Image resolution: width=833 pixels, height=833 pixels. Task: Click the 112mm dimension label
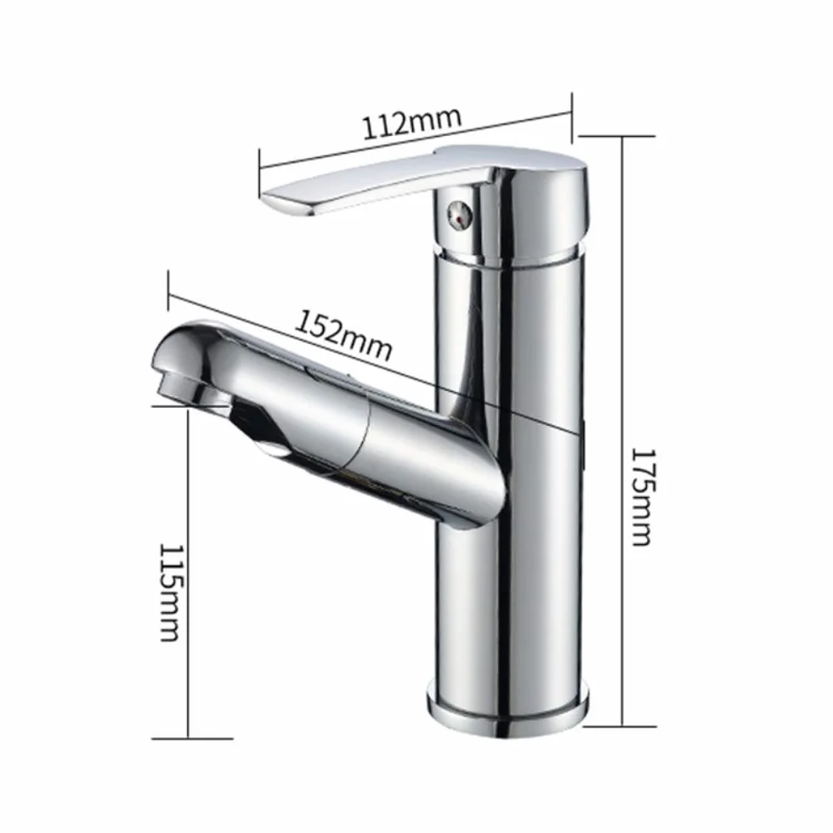click(x=411, y=123)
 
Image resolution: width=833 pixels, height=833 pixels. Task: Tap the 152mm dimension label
click(x=343, y=335)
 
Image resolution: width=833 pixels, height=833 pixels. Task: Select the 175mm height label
click(x=642, y=497)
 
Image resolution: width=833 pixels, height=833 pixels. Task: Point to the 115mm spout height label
click(x=171, y=592)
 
